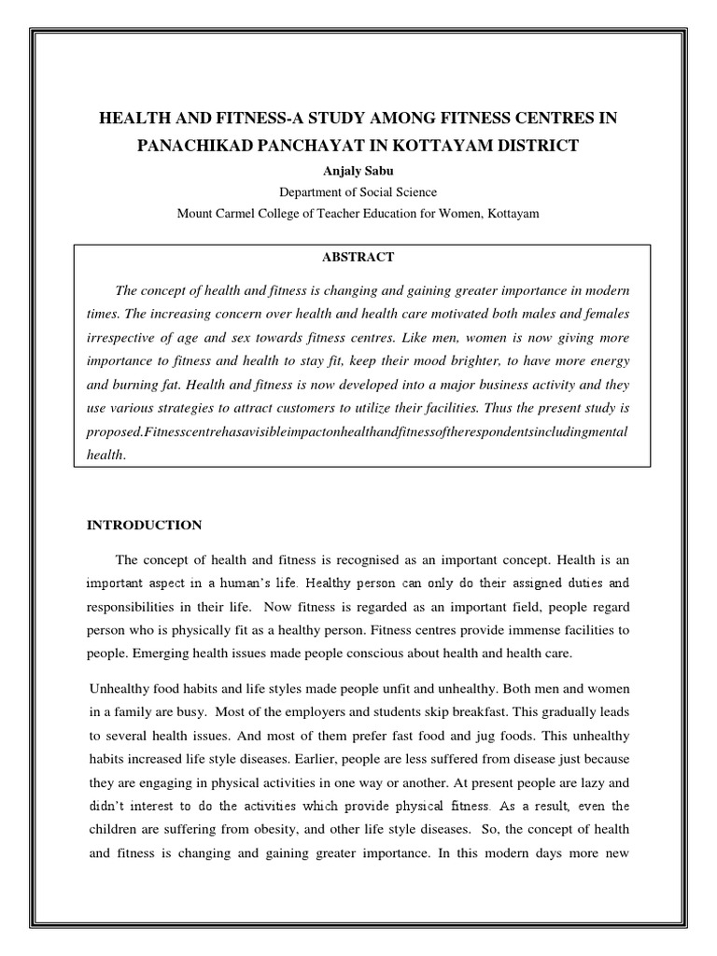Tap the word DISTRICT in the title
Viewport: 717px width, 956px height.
pos(529,146)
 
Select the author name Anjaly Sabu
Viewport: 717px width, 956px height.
pos(358,171)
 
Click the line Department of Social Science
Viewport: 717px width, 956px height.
pos(358,192)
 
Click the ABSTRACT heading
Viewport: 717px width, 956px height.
pos(358,257)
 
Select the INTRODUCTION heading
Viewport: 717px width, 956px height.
pos(144,525)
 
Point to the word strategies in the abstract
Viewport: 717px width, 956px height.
pos(197,409)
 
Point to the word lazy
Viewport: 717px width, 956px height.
pos(591,783)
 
